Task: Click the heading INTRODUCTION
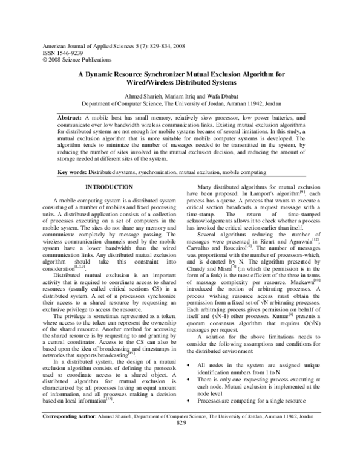click(109, 187)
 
